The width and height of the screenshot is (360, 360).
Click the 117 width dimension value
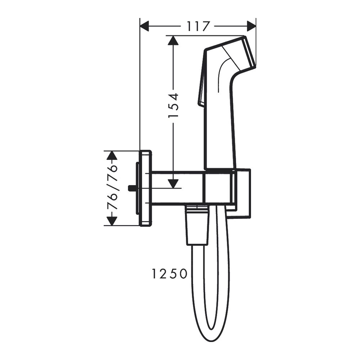198,26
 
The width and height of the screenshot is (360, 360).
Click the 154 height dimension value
174,105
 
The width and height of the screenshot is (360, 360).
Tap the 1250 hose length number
169,274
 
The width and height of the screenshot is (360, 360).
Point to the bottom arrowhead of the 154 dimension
174,183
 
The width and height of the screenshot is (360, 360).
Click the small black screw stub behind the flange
132,188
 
